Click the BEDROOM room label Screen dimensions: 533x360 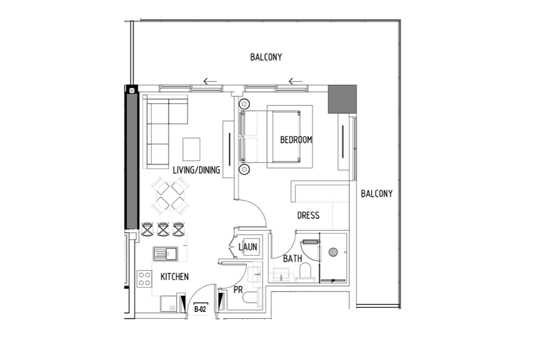click(x=296, y=140)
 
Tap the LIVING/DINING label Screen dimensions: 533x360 click(x=196, y=170)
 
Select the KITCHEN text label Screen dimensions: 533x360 click(x=174, y=277)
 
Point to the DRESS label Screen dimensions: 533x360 click(x=308, y=215)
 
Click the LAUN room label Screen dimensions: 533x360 click(x=248, y=247)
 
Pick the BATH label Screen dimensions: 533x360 click(x=293, y=259)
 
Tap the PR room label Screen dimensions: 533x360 click(x=238, y=290)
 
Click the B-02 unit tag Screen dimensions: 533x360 click(x=200, y=309)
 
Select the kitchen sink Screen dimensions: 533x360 click(x=165, y=254)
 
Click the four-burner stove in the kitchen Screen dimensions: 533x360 click(x=144, y=279)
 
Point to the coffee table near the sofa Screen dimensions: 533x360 click(x=191, y=149)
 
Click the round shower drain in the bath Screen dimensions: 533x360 click(x=333, y=252)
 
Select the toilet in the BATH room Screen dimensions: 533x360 click(x=305, y=272)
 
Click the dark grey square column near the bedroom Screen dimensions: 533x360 click(x=342, y=99)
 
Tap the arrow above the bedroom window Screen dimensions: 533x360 click(x=295, y=81)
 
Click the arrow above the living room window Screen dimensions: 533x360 click(x=210, y=81)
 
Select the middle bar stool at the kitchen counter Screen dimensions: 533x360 click(x=163, y=229)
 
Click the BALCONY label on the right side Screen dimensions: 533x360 click(x=376, y=194)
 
